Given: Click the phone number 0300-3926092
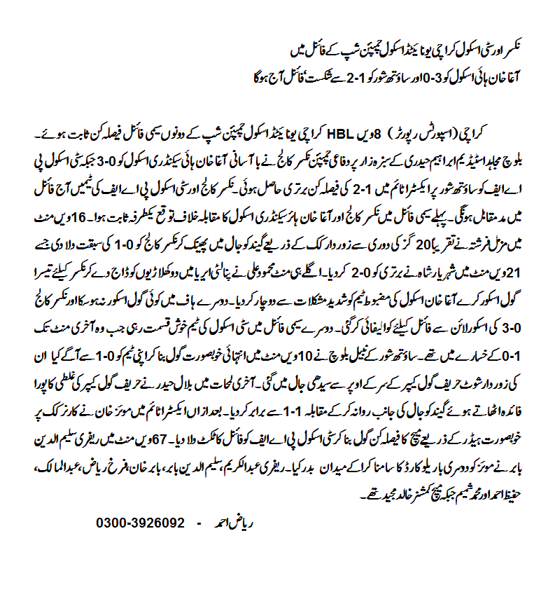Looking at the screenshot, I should pos(140,523).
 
